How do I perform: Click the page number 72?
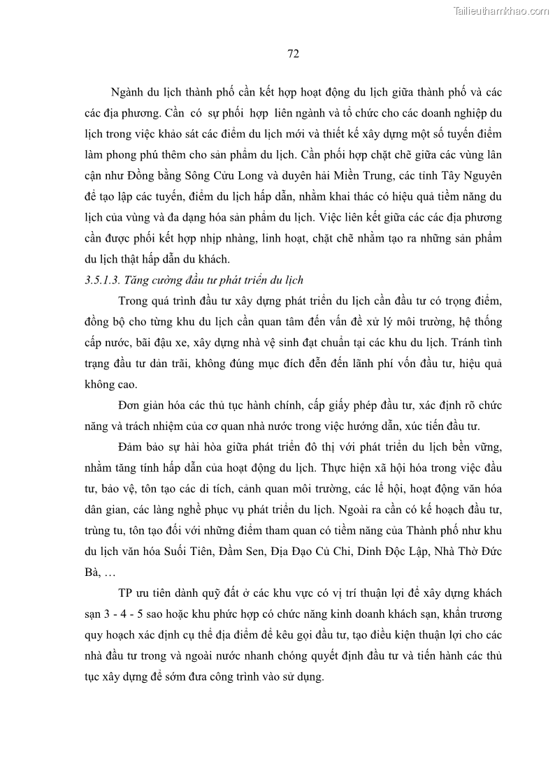294,54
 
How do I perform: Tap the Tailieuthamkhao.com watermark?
502,10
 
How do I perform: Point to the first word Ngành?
127,93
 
